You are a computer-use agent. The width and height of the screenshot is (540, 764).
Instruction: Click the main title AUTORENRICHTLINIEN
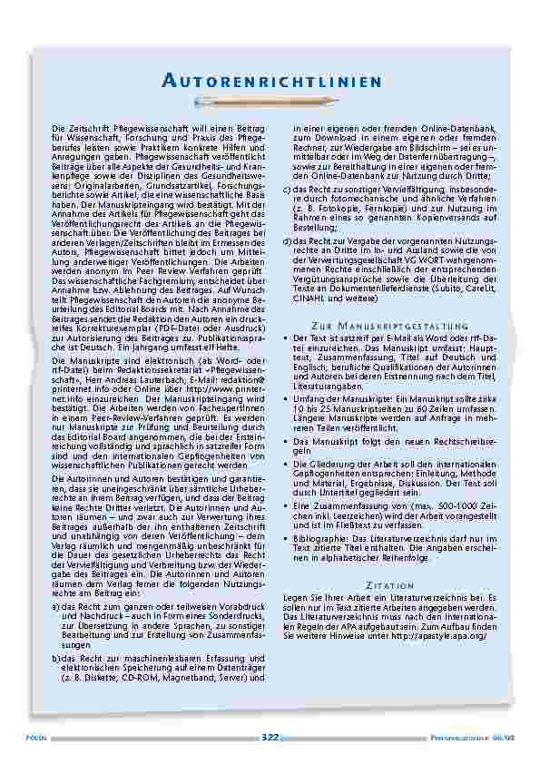270,83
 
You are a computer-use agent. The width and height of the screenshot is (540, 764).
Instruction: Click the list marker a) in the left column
56,606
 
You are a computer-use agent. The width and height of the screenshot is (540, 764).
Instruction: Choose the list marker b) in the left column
56,656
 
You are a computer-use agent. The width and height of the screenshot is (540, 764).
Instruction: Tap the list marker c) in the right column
287,188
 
